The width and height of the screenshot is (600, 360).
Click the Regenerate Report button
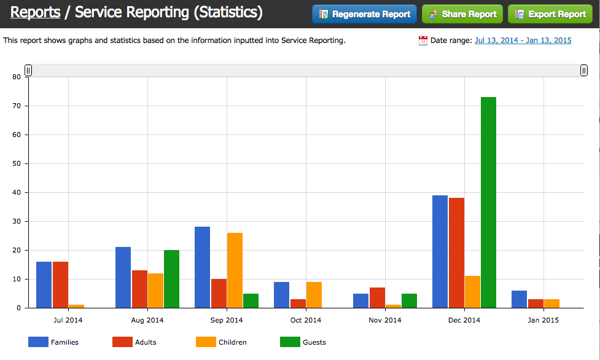click(364, 14)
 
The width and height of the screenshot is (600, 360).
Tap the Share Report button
click(462, 14)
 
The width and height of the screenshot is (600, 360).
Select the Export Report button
click(550, 14)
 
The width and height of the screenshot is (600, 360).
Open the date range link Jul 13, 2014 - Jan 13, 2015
click(523, 41)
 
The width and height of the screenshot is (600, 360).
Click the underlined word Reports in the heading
click(36, 12)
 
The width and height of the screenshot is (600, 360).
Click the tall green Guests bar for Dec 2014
click(488, 202)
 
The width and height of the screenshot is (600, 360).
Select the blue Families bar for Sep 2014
click(202, 267)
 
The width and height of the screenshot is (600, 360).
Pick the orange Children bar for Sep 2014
click(235, 270)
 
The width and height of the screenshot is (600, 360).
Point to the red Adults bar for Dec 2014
click(456, 252)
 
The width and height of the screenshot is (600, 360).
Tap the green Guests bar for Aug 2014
click(171, 279)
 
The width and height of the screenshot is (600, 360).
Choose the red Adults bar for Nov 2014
click(377, 297)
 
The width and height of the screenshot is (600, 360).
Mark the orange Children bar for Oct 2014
click(314, 295)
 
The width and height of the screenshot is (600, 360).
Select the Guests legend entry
click(303, 342)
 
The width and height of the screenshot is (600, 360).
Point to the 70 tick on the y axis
click(17, 106)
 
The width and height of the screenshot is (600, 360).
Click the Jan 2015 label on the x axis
click(543, 320)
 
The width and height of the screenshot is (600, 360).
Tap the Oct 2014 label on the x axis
click(305, 320)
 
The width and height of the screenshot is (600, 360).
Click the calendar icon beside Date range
click(423, 41)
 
